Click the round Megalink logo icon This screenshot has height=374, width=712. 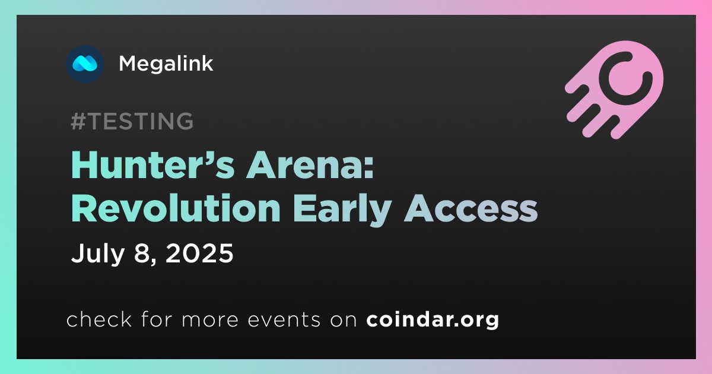click(x=85, y=64)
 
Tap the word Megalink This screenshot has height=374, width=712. click(x=166, y=64)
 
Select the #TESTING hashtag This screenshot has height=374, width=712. click(x=132, y=121)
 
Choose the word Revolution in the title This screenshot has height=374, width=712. click(x=176, y=208)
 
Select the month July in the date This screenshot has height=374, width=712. click(x=97, y=254)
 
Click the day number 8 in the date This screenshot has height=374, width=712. click(x=141, y=253)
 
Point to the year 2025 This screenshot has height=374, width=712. click(x=199, y=253)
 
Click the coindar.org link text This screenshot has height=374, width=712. click(x=433, y=319)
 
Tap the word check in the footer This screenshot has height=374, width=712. click(x=99, y=319)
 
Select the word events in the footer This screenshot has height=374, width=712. click(x=284, y=320)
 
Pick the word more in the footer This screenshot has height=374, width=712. click(x=210, y=321)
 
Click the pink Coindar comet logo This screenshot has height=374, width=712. click(x=615, y=90)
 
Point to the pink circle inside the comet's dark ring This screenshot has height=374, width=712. click(x=626, y=78)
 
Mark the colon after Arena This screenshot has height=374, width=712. click(x=369, y=169)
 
